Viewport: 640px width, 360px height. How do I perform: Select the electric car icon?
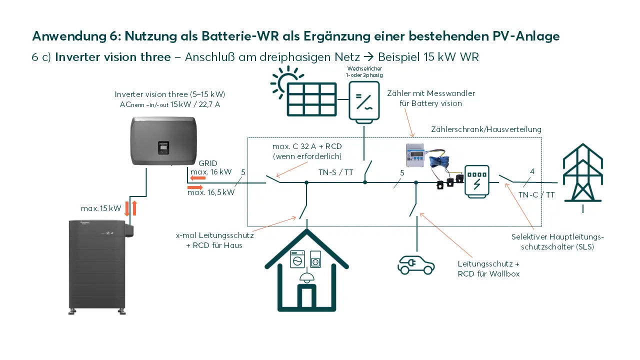pyautogui.click(x=415, y=264)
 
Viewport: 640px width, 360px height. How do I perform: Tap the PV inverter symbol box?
pyautogui.click(x=364, y=100)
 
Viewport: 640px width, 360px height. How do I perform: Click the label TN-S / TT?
pyautogui.click(x=336, y=172)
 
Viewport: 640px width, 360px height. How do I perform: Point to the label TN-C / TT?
pyautogui.click(x=536, y=195)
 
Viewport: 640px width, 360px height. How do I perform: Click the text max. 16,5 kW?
pyautogui.click(x=210, y=192)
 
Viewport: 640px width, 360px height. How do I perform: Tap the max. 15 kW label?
pyautogui.click(x=101, y=208)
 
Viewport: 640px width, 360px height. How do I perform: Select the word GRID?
pyautogui.click(x=207, y=163)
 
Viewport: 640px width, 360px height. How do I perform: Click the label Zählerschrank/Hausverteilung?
pyautogui.click(x=486, y=129)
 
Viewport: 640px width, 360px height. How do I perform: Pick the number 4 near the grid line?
pyautogui.click(x=532, y=171)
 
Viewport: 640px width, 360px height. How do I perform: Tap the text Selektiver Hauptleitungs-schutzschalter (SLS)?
pyautogui.click(x=557, y=242)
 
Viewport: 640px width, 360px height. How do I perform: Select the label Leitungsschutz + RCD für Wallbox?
pyautogui.click(x=488, y=269)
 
